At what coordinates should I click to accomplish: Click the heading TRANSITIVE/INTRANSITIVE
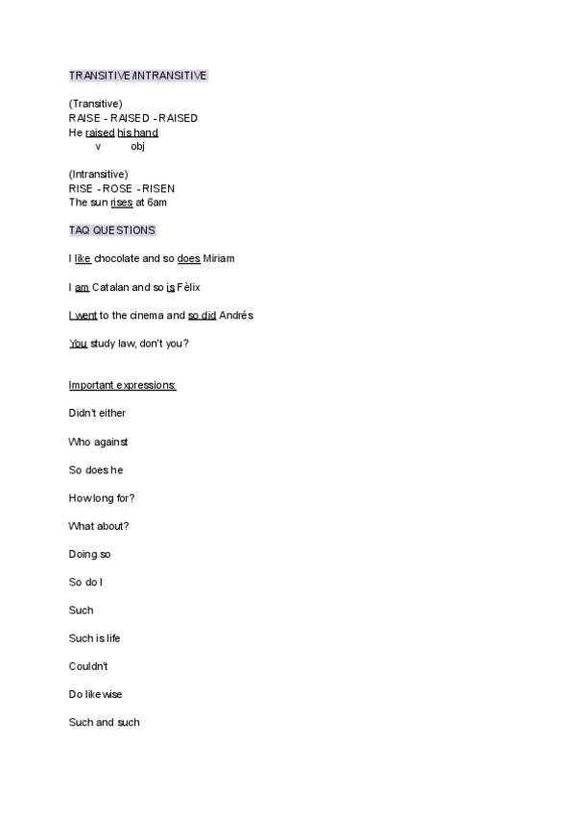click(138, 75)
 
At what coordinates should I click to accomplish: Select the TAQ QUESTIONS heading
click(112, 230)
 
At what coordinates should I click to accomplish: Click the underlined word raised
click(100, 132)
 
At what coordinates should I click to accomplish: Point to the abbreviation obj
click(137, 147)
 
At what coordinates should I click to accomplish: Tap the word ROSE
click(116, 188)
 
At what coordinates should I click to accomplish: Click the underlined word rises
click(122, 203)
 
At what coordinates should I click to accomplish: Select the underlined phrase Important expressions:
click(122, 385)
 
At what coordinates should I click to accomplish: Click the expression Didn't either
click(97, 414)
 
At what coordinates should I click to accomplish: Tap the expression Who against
click(98, 442)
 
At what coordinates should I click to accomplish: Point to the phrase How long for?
click(102, 498)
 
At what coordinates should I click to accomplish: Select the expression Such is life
click(94, 638)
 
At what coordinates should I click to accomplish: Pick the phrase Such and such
click(104, 722)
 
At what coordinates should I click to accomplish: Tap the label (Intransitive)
click(98, 174)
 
